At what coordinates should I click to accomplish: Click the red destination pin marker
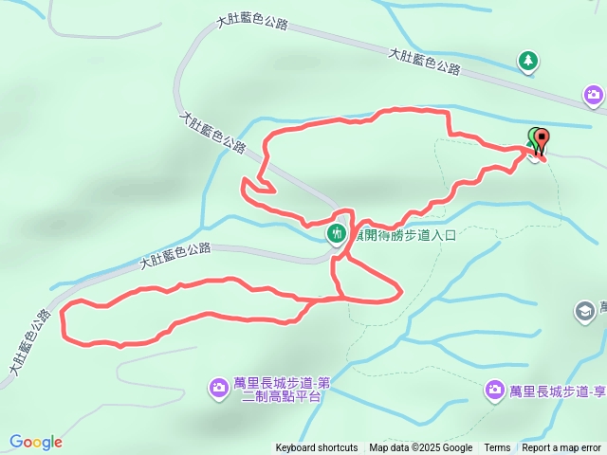point(542,140)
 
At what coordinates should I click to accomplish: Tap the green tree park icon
point(527,63)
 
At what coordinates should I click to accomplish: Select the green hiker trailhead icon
point(337,233)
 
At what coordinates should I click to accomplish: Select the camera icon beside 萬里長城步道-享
point(495,390)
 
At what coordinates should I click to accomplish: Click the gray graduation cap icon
point(584,310)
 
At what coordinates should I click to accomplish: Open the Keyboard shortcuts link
point(317,448)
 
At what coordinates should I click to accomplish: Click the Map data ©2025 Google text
point(420,448)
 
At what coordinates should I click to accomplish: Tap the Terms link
point(497,448)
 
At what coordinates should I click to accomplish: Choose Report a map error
point(561,448)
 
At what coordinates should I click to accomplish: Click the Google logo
point(35,442)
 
